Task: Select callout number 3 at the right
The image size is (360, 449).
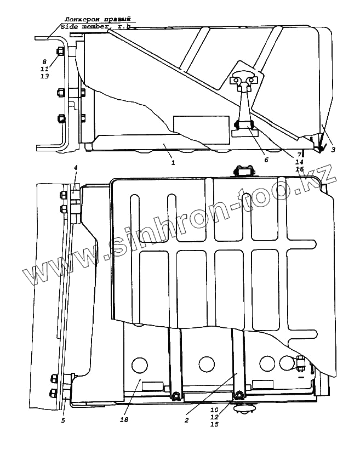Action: coord(332,149)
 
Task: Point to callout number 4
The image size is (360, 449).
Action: coord(76,167)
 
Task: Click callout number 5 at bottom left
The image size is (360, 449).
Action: coord(64,420)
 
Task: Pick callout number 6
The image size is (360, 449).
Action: coord(266,160)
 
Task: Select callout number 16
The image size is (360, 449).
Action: coord(300,170)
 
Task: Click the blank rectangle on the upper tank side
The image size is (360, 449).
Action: coord(201,124)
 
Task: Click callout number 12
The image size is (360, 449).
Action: coord(214,417)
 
